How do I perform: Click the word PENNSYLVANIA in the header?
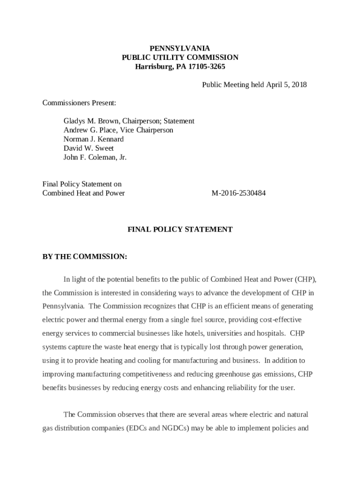pyautogui.click(x=180, y=49)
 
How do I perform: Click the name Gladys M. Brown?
pyautogui.click(x=91, y=121)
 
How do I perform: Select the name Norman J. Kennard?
pyautogui.click(x=94, y=139)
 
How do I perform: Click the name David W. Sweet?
pyautogui.click(x=88, y=148)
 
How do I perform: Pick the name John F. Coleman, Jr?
pyautogui.click(x=95, y=157)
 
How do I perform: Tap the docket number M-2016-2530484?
pyautogui.click(x=238, y=193)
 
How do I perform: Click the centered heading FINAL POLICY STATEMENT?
pyautogui.click(x=180, y=230)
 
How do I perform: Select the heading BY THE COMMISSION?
pyautogui.click(x=85, y=257)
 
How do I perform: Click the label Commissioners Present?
pyautogui.click(x=79, y=103)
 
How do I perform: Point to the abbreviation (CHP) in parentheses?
pyautogui.click(x=305, y=279)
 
